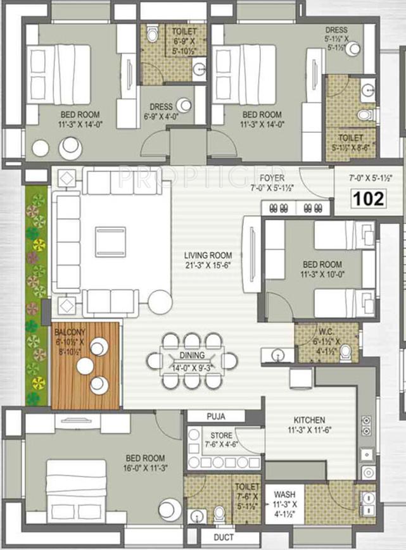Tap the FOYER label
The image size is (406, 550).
pos(271,178)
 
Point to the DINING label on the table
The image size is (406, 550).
pos(192,356)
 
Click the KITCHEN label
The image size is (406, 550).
pos(309,420)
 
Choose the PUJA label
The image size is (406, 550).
pos(215,416)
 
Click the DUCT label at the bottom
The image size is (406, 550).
pos(224,538)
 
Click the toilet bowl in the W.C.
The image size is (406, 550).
pos(345,352)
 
